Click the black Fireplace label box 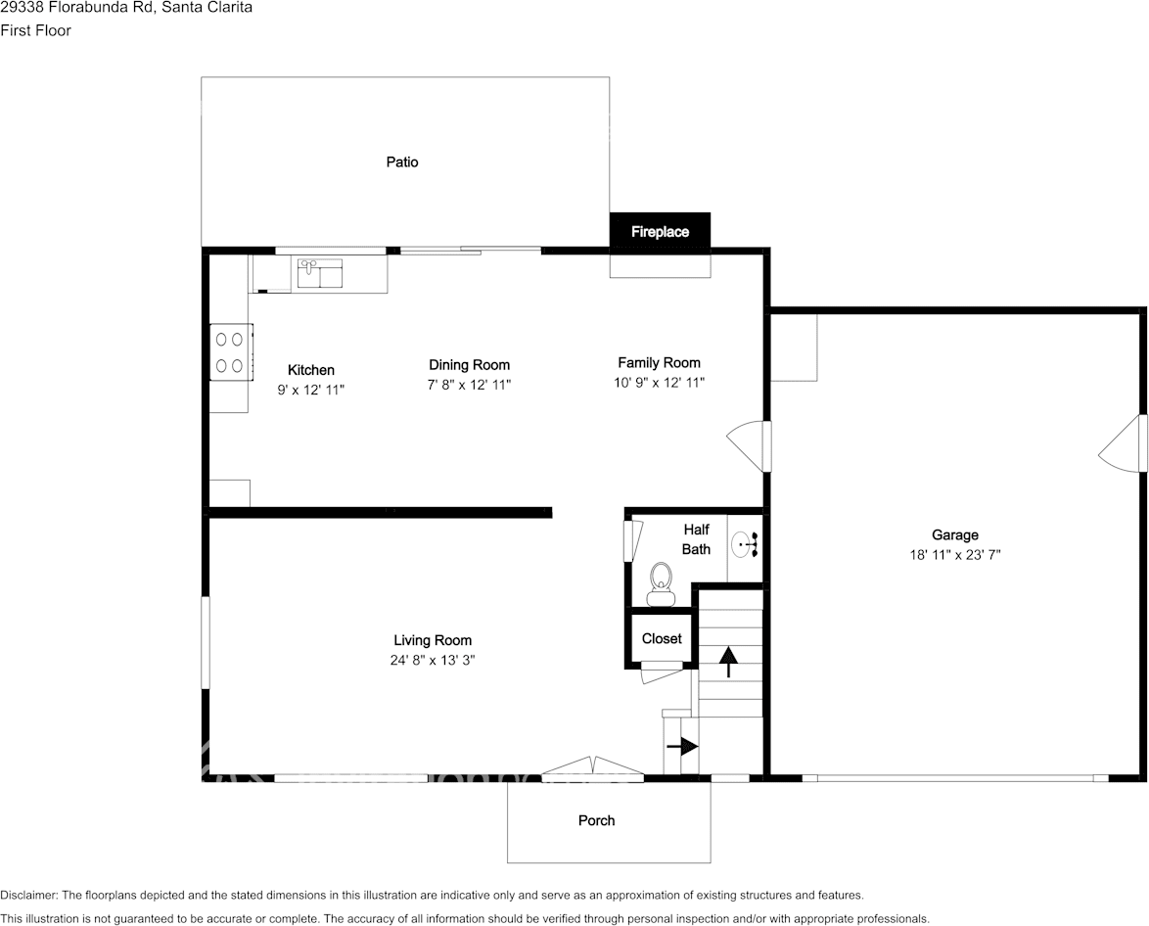click(x=660, y=232)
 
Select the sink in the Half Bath click(x=745, y=543)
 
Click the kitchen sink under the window click(x=320, y=273)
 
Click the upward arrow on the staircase click(x=728, y=662)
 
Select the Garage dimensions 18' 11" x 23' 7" click(x=954, y=554)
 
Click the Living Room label click(x=433, y=641)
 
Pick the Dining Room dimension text click(x=469, y=385)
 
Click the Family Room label click(x=659, y=362)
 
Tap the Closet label click(x=662, y=638)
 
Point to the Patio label click(x=402, y=162)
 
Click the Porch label click(x=596, y=820)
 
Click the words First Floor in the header click(x=35, y=30)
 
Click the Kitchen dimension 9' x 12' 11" click(x=311, y=390)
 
